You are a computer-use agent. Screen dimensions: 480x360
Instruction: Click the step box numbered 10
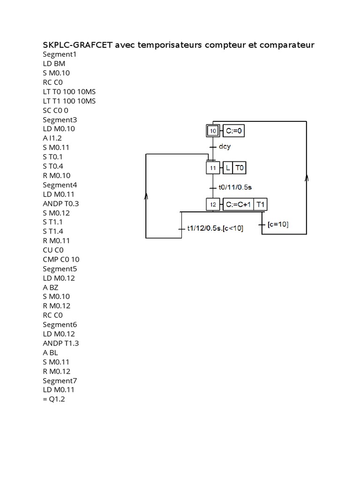click(x=213, y=131)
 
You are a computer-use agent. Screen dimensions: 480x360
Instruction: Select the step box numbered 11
click(x=213, y=167)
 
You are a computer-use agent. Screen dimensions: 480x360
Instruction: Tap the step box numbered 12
click(x=213, y=204)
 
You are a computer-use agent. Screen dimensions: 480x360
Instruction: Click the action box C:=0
click(x=233, y=131)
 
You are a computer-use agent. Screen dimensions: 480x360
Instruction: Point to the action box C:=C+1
click(x=238, y=204)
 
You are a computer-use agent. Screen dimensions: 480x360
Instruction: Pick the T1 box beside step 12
click(x=262, y=204)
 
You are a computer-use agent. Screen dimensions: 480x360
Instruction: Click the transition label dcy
click(x=225, y=146)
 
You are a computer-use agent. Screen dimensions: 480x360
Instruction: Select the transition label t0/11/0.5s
click(x=235, y=187)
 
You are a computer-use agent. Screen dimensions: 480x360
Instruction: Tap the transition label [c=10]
click(x=278, y=225)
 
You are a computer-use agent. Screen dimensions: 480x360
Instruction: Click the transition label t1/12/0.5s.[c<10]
click(x=215, y=228)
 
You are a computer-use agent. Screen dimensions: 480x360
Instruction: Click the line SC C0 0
click(x=55, y=110)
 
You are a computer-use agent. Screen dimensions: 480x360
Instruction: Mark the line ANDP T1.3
click(x=61, y=343)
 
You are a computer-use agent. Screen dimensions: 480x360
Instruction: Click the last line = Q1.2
click(x=53, y=399)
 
